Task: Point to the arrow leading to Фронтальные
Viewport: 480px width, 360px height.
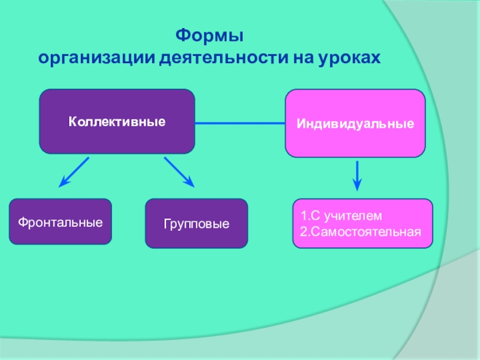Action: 75,171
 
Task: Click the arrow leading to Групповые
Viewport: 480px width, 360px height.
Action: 179,172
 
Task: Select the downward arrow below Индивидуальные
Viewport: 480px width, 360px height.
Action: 358,175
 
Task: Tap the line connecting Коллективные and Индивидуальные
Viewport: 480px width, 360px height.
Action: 239,124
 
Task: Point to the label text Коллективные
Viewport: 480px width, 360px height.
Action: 117,122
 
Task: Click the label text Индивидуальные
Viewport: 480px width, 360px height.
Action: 355,124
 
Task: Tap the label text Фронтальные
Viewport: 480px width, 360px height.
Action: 60,222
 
